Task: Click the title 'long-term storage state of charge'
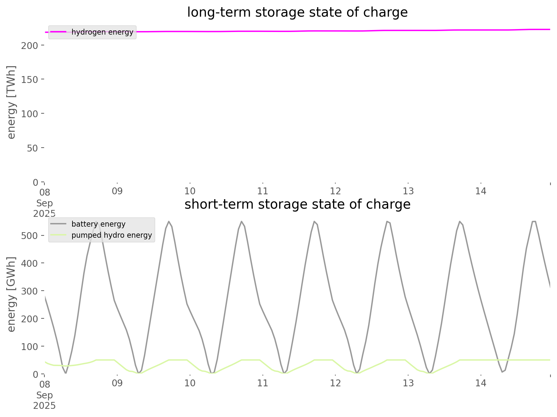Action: [297, 12]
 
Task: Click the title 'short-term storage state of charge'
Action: [297, 204]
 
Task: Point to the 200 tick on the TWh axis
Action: [30, 45]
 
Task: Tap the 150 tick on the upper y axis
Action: [30, 79]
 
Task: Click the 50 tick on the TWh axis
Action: [33, 148]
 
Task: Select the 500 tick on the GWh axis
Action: [30, 236]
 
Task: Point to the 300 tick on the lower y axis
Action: [30, 291]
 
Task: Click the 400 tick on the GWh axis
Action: [30, 263]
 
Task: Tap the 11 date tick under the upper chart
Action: [263, 191]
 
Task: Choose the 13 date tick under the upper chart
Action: [408, 191]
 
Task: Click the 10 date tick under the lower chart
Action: [190, 383]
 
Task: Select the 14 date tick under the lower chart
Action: [481, 383]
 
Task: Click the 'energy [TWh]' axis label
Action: [11, 102]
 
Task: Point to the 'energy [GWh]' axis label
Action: [11, 294]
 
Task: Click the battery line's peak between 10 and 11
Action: [242, 221]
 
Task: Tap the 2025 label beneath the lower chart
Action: [44, 406]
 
